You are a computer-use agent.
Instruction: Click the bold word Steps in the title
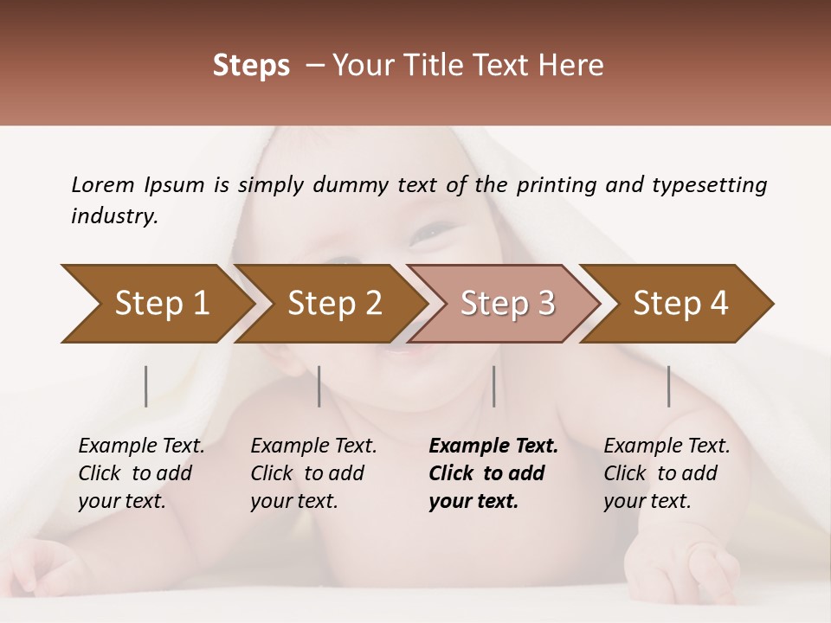(x=251, y=66)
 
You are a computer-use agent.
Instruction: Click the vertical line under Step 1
(x=146, y=386)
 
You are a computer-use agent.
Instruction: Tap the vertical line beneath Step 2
(x=319, y=386)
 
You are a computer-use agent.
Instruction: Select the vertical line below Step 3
(x=493, y=386)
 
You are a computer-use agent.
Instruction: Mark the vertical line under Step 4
(x=668, y=386)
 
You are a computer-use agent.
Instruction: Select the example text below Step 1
(x=141, y=473)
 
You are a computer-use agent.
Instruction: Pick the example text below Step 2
(x=313, y=473)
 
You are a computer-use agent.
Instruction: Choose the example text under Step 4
(x=667, y=473)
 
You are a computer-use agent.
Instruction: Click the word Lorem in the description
(x=102, y=185)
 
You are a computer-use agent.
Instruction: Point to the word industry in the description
(x=113, y=216)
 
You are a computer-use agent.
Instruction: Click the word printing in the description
(x=555, y=185)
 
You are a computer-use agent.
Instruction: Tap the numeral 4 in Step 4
(x=718, y=304)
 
